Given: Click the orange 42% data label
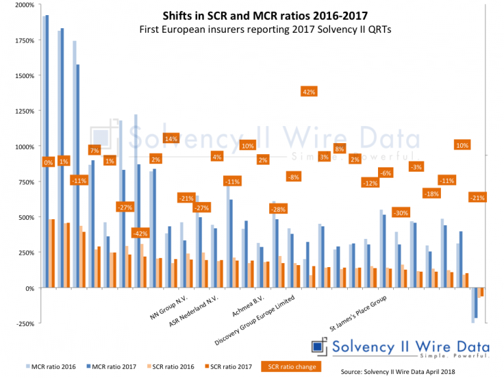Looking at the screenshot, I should pyautogui.click(x=308, y=93).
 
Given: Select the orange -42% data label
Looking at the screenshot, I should pyautogui.click(x=140, y=233).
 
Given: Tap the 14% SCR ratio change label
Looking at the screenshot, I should pyautogui.click(x=171, y=138).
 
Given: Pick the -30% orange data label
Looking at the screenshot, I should pyautogui.click(x=400, y=213).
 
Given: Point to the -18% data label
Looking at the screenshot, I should pyautogui.click(x=431, y=194).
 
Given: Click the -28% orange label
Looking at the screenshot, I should pyautogui.click(x=278, y=209).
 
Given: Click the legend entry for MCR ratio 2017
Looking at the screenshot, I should pyautogui.click(x=110, y=367).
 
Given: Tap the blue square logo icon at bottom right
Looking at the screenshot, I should pyautogui.click(x=319, y=346).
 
